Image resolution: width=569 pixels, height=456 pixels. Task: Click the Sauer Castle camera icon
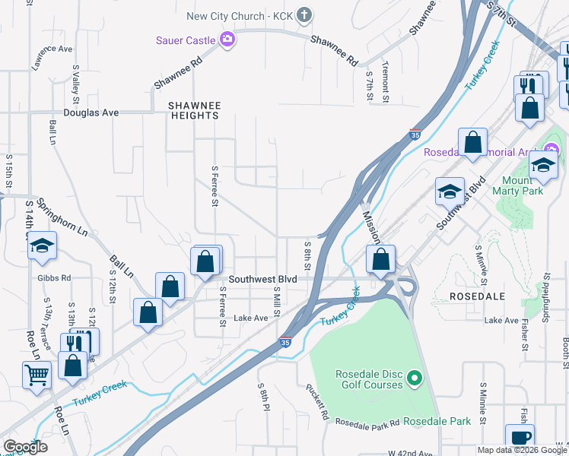(227, 40)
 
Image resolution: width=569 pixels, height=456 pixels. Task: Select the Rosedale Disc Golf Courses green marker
(414, 376)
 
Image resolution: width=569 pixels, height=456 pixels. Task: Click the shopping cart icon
(37, 374)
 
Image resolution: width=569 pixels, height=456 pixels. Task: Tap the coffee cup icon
(521, 437)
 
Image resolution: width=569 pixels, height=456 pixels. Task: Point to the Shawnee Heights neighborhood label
(194, 110)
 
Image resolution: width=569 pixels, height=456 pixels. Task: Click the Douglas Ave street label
(91, 112)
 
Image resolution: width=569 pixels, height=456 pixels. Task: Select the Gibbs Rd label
(54, 278)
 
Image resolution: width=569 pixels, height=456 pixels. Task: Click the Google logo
(25, 447)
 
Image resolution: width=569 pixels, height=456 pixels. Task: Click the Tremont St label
(386, 82)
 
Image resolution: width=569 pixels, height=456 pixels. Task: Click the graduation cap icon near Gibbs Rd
(43, 245)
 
